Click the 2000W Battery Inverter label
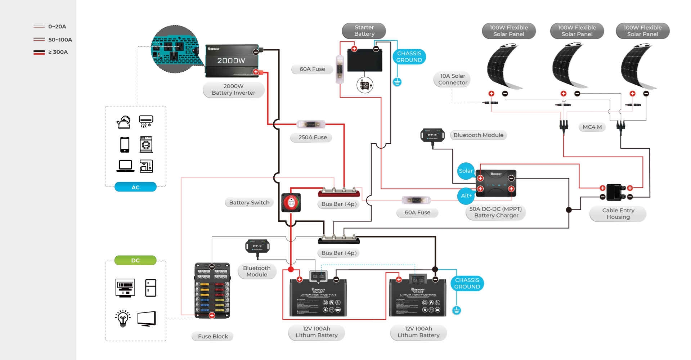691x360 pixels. [x=233, y=90]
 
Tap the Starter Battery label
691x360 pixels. [x=364, y=31]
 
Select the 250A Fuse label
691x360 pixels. [x=312, y=138]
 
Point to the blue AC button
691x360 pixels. [x=135, y=187]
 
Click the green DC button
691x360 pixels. [x=135, y=260]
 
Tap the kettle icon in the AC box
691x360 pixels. [x=124, y=122]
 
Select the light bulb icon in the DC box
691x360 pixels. [x=123, y=318]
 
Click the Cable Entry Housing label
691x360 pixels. [x=618, y=214]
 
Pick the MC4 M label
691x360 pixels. [x=592, y=127]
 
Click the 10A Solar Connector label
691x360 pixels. [x=452, y=79]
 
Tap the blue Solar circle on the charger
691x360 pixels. [x=465, y=171]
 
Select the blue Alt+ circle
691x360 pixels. [x=466, y=195]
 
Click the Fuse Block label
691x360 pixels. [x=213, y=336]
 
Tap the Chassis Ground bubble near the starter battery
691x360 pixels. [x=409, y=57]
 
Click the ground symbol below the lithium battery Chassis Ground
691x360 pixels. [x=456, y=310]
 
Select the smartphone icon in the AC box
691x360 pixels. [x=125, y=145]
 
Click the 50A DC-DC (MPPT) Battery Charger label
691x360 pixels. [x=495, y=212]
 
